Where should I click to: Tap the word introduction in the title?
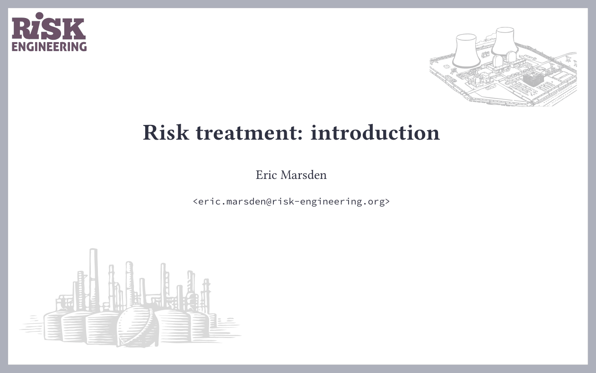[x=375, y=133]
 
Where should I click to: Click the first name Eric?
[x=266, y=175]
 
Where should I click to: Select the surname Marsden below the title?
[x=303, y=175]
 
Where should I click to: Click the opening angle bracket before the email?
[x=195, y=202]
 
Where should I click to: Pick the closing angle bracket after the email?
[x=387, y=202]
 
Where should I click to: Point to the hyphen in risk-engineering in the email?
[x=293, y=202]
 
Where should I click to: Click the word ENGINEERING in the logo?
[x=49, y=47]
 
